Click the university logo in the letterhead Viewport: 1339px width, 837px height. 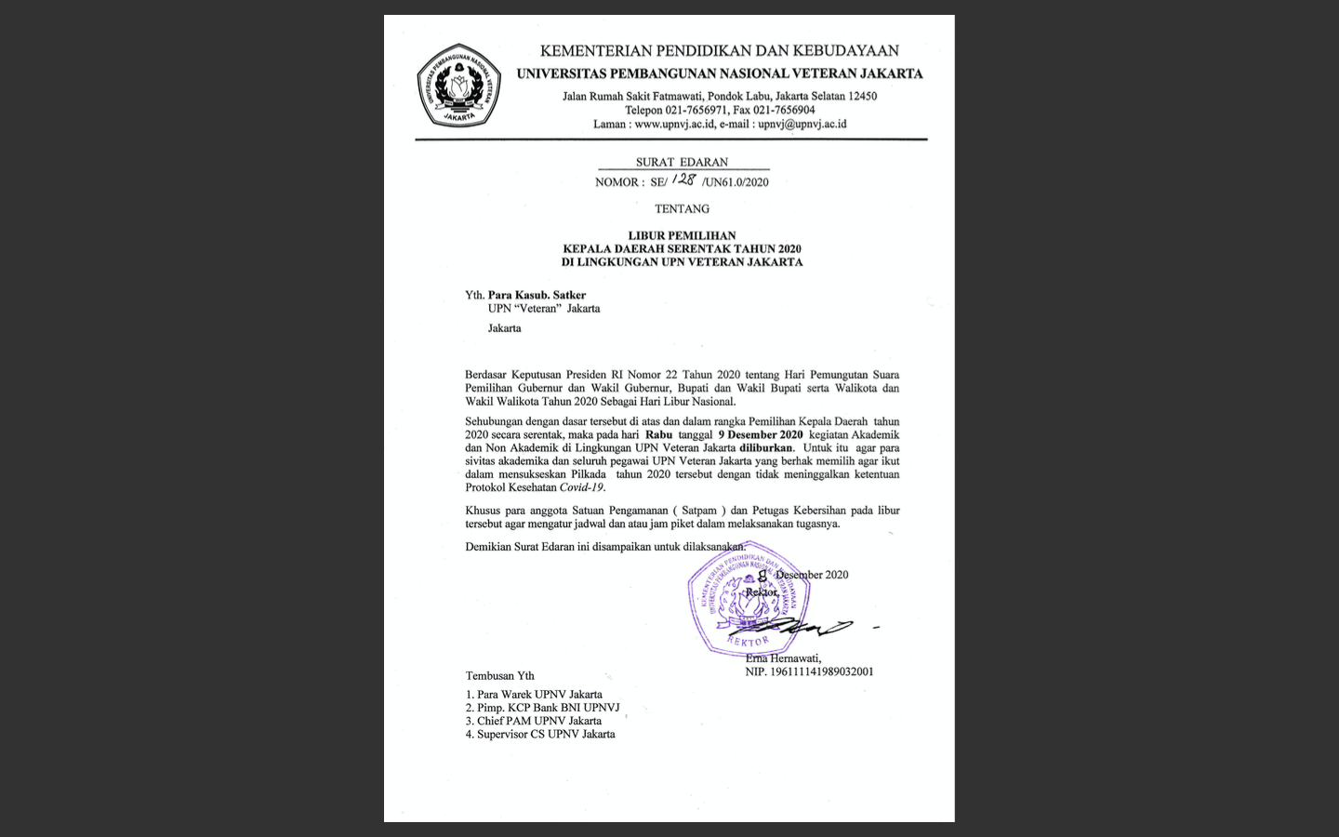point(459,86)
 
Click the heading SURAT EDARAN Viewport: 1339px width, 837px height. point(682,162)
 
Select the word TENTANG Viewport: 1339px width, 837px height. point(682,209)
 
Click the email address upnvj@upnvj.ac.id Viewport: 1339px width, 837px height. point(802,124)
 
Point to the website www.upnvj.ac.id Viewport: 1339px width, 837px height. point(674,124)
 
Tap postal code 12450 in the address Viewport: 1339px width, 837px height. point(862,96)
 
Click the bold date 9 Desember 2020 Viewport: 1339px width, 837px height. point(760,434)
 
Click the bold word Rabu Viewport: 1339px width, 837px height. point(658,434)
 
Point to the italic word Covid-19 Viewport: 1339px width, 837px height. point(581,487)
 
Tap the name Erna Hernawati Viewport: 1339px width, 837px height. point(783,658)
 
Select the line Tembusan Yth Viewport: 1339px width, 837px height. point(500,676)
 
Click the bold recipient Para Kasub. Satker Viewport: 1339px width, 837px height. point(537,295)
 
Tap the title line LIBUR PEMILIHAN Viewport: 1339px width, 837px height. point(682,235)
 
